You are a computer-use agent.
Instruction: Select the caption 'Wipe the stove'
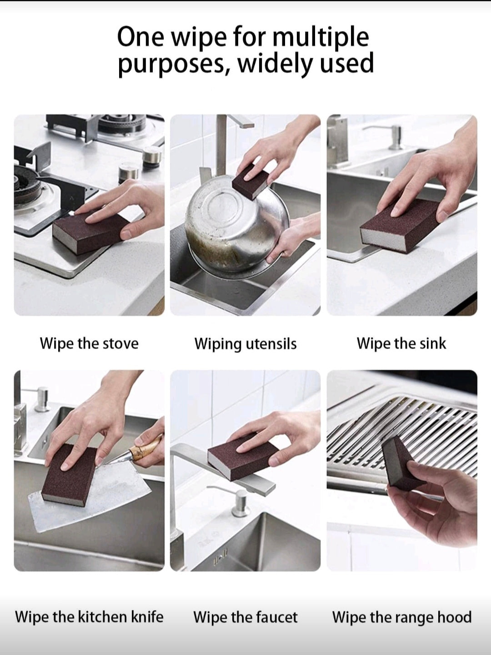[x=89, y=344]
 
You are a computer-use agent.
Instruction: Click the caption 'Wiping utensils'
[x=245, y=344]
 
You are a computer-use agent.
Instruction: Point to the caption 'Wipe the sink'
[x=401, y=343]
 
